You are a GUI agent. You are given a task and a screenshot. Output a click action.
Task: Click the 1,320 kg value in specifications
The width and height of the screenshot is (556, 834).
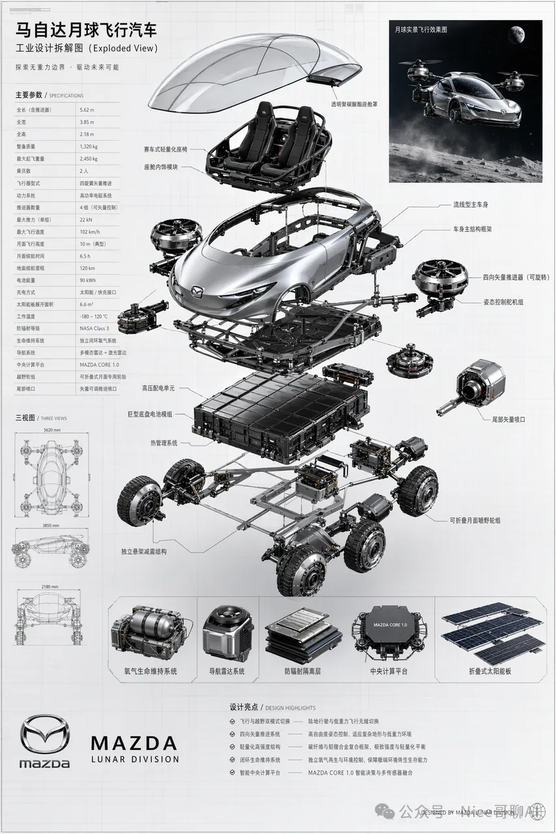click(90, 147)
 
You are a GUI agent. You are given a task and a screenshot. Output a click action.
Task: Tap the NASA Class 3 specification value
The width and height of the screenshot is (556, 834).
click(95, 328)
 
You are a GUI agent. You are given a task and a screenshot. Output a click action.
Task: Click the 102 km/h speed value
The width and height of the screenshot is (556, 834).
click(90, 231)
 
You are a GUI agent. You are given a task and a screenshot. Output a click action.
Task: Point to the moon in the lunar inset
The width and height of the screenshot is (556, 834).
click(519, 33)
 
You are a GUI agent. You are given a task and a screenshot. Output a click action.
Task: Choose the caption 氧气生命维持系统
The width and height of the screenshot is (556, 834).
click(151, 670)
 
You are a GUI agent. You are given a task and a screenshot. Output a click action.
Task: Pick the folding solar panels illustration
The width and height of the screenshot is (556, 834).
click(493, 631)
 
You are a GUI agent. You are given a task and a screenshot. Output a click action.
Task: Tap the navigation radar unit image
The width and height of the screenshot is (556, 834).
click(227, 631)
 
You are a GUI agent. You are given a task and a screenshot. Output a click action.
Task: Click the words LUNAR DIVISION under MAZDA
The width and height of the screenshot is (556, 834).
click(135, 759)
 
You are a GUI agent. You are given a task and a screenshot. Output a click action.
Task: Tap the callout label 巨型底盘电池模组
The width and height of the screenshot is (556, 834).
click(150, 414)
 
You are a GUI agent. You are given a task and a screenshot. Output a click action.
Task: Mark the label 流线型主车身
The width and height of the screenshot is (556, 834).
click(471, 205)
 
